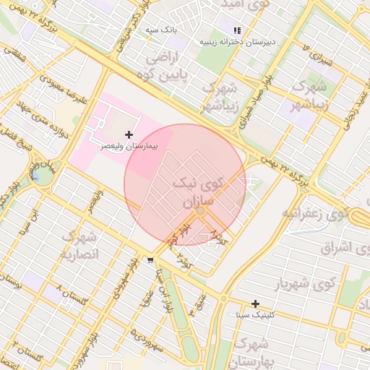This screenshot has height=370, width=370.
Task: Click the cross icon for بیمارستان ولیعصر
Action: coord(129,134)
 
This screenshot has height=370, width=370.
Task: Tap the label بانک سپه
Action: coord(160,30)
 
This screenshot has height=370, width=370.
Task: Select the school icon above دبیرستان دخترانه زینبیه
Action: coord(238,30)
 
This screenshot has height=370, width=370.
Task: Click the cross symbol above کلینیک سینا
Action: coord(255,304)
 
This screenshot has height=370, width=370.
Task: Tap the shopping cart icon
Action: coord(150,260)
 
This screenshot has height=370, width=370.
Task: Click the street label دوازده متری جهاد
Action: coord(56,121)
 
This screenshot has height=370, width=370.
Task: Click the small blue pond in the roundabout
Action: coord(34,174)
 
